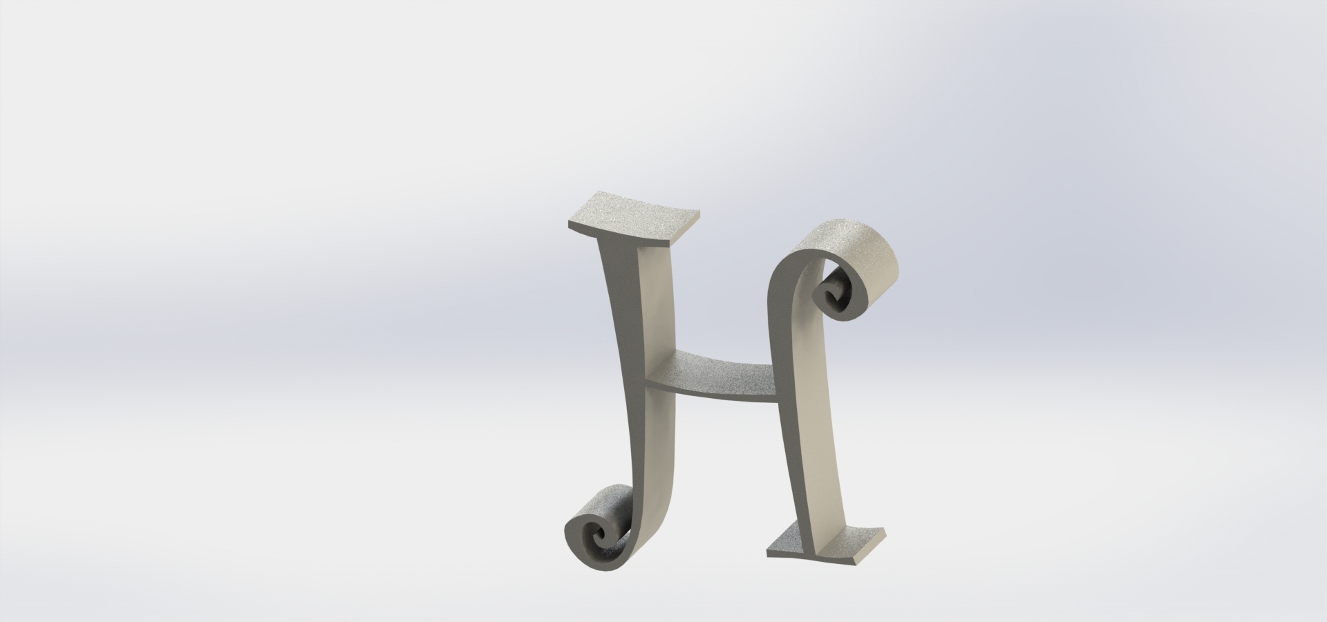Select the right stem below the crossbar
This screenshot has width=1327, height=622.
[x=819, y=470]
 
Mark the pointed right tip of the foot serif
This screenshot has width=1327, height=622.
[x=884, y=530]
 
